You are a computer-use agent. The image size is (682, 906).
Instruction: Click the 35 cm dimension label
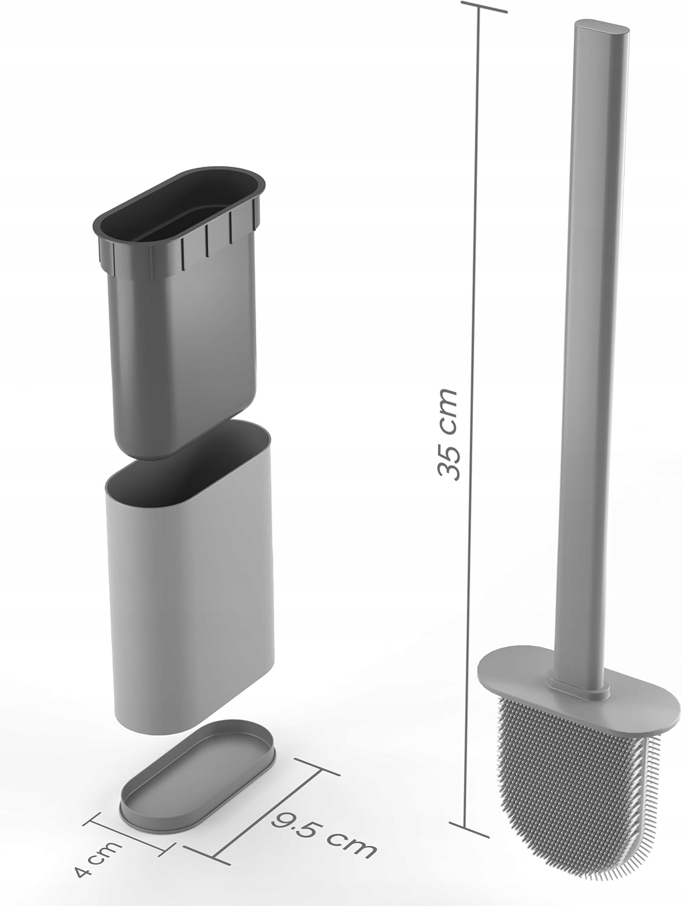(448, 435)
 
